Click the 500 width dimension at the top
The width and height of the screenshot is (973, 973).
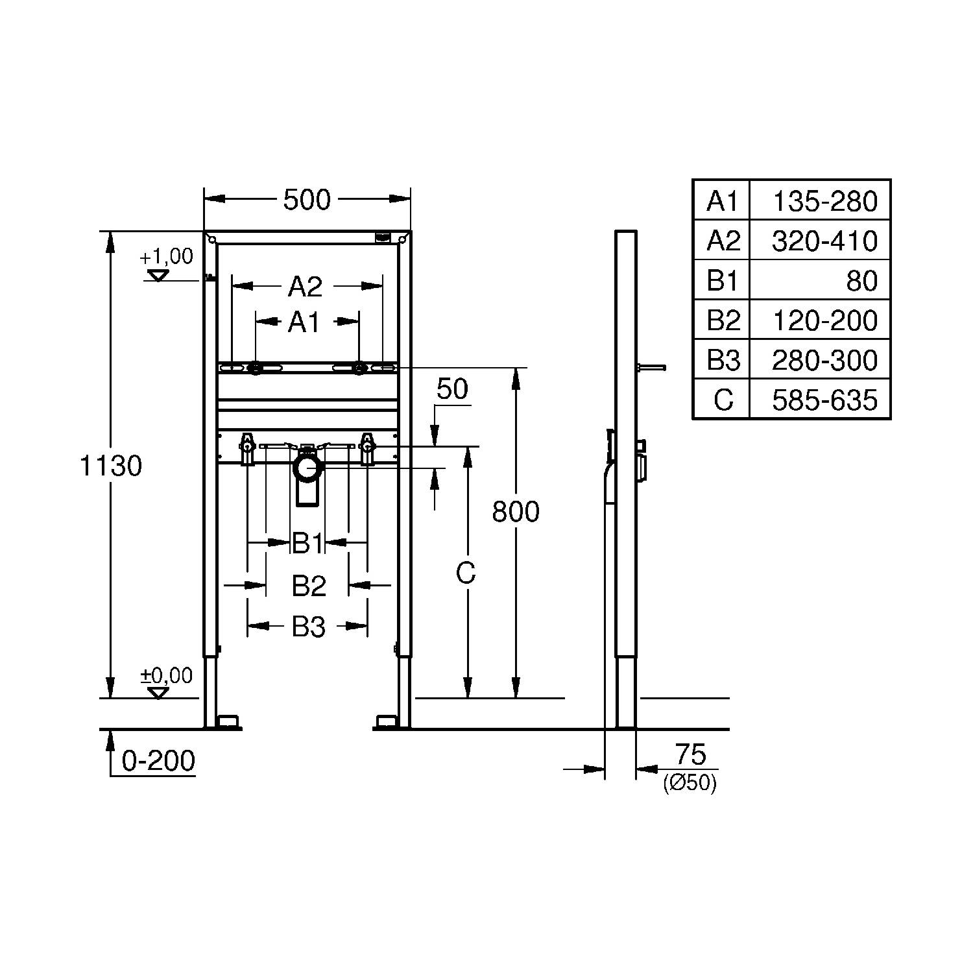(x=307, y=200)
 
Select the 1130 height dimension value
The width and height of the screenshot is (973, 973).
(x=110, y=466)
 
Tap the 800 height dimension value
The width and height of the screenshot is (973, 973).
(x=516, y=512)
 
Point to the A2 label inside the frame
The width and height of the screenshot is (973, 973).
(x=305, y=286)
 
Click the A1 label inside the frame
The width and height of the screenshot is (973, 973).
(x=304, y=322)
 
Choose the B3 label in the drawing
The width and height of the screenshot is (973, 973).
(x=309, y=627)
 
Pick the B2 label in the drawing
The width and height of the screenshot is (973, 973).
(x=309, y=586)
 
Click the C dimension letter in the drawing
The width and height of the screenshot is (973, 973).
(x=466, y=573)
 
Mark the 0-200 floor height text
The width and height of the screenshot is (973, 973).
(x=159, y=761)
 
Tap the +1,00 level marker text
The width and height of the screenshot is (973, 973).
(x=167, y=256)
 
